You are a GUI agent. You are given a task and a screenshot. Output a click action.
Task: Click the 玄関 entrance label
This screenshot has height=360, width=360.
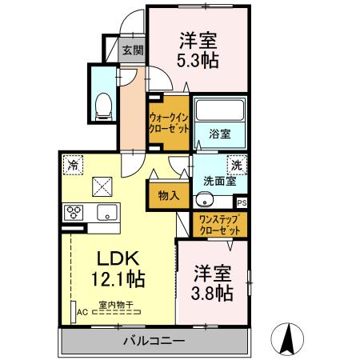pyautogui.click(x=132, y=49)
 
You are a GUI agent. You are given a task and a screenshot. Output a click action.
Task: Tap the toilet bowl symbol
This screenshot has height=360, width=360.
pyautogui.click(x=102, y=104)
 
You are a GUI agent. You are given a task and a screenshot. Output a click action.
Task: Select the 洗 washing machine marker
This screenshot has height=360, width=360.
pyautogui.click(x=237, y=164)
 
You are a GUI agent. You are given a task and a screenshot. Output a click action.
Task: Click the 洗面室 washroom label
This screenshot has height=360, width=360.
pyautogui.click(x=219, y=181)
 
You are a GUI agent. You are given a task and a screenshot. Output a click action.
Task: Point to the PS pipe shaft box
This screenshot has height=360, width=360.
pyautogui.click(x=242, y=202)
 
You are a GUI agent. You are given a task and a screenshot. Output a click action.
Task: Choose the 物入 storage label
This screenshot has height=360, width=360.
pyautogui.click(x=168, y=195)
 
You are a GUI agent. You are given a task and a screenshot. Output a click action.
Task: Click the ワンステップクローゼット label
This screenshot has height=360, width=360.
pyautogui.click(x=218, y=225)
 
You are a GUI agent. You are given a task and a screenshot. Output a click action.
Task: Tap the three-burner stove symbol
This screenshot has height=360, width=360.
pyautogui.click(x=76, y=212)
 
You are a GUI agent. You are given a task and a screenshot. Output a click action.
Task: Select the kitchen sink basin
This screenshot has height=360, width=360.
pyautogui.click(x=106, y=212)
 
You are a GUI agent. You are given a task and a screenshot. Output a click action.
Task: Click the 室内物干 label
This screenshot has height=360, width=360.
pyautogui.click(x=116, y=304)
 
